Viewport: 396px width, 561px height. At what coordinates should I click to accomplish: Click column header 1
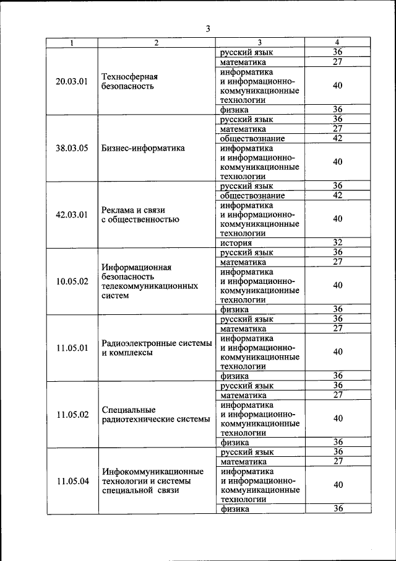[x=72, y=43]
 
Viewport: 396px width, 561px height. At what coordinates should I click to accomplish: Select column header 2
[x=157, y=43]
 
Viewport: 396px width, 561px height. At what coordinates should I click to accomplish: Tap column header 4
[x=337, y=43]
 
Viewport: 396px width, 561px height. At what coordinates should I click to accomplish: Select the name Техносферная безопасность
[x=129, y=81]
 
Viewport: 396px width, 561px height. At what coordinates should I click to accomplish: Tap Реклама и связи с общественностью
[x=140, y=214]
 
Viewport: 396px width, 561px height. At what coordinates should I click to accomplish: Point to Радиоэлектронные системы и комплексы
[x=157, y=348]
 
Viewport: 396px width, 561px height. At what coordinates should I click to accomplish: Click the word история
[x=235, y=242]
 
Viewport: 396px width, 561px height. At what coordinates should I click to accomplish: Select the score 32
[x=337, y=242]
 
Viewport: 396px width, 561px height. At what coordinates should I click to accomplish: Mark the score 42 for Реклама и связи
[x=337, y=195]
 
